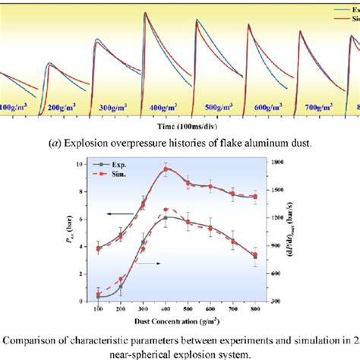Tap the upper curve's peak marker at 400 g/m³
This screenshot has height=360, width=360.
point(166,169)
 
